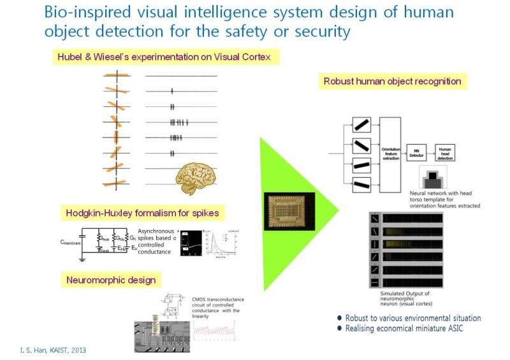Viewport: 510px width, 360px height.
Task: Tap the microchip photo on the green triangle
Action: [x=289, y=213]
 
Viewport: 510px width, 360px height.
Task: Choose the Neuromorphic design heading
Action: [x=110, y=280]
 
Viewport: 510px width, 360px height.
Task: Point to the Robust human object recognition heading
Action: [x=392, y=82]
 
